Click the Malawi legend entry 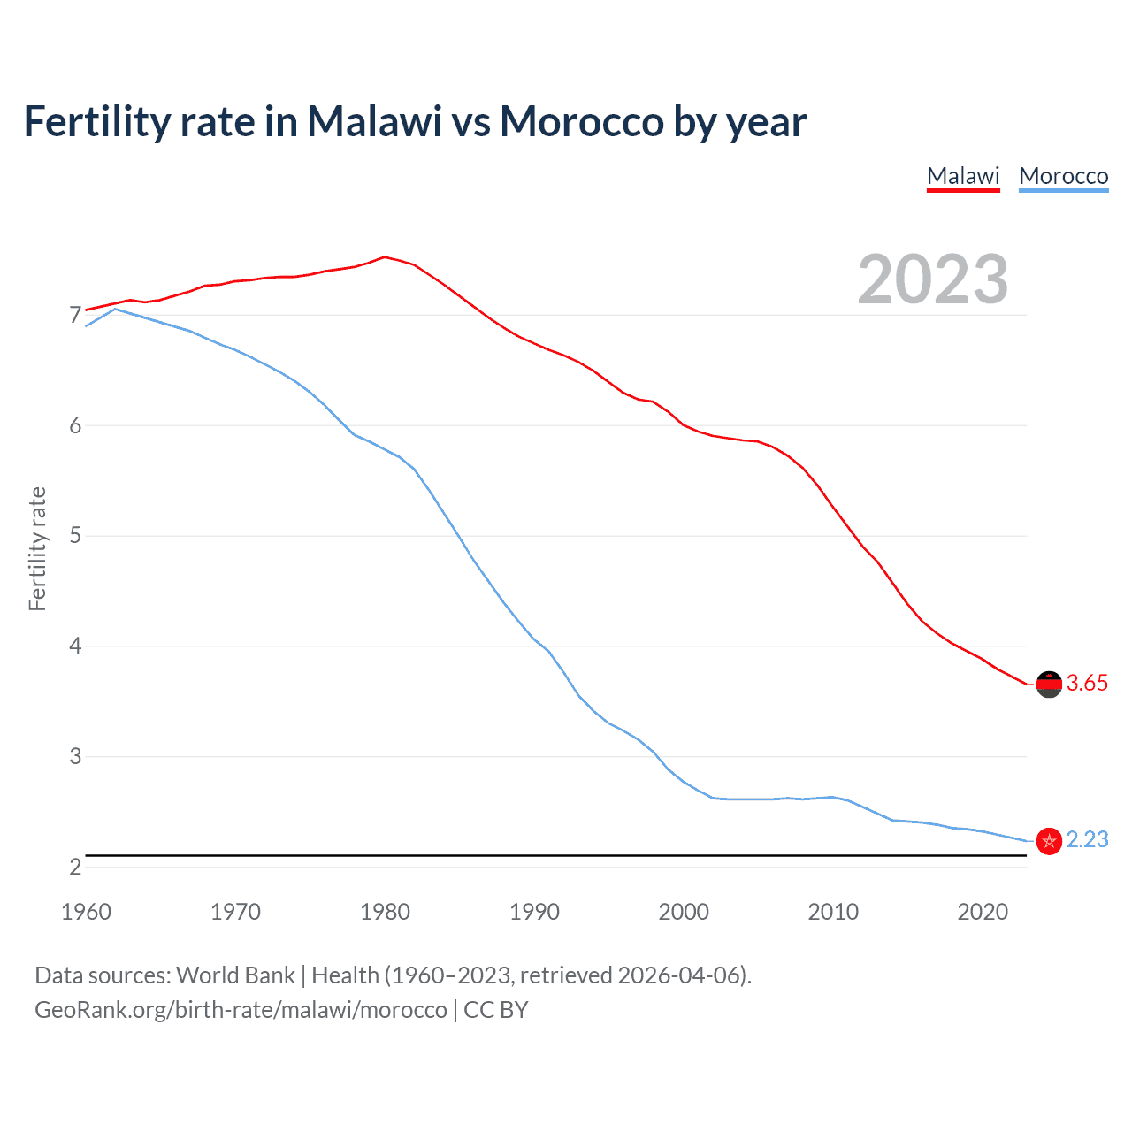(963, 176)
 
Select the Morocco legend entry (1063, 176)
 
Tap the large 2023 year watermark (932, 279)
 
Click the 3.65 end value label (1087, 683)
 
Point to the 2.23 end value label (1087, 839)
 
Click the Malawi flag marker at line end (1049, 684)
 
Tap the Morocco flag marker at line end (1049, 841)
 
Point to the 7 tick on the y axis (75, 316)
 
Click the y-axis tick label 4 (75, 646)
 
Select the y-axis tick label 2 (75, 867)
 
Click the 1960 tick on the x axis (86, 912)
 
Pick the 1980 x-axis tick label (385, 912)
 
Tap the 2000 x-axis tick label (684, 912)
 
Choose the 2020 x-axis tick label (983, 912)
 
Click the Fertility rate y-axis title (37, 548)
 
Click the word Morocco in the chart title (581, 122)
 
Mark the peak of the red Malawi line (384, 257)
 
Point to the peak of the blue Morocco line (115, 309)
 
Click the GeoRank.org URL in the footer (241, 1010)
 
